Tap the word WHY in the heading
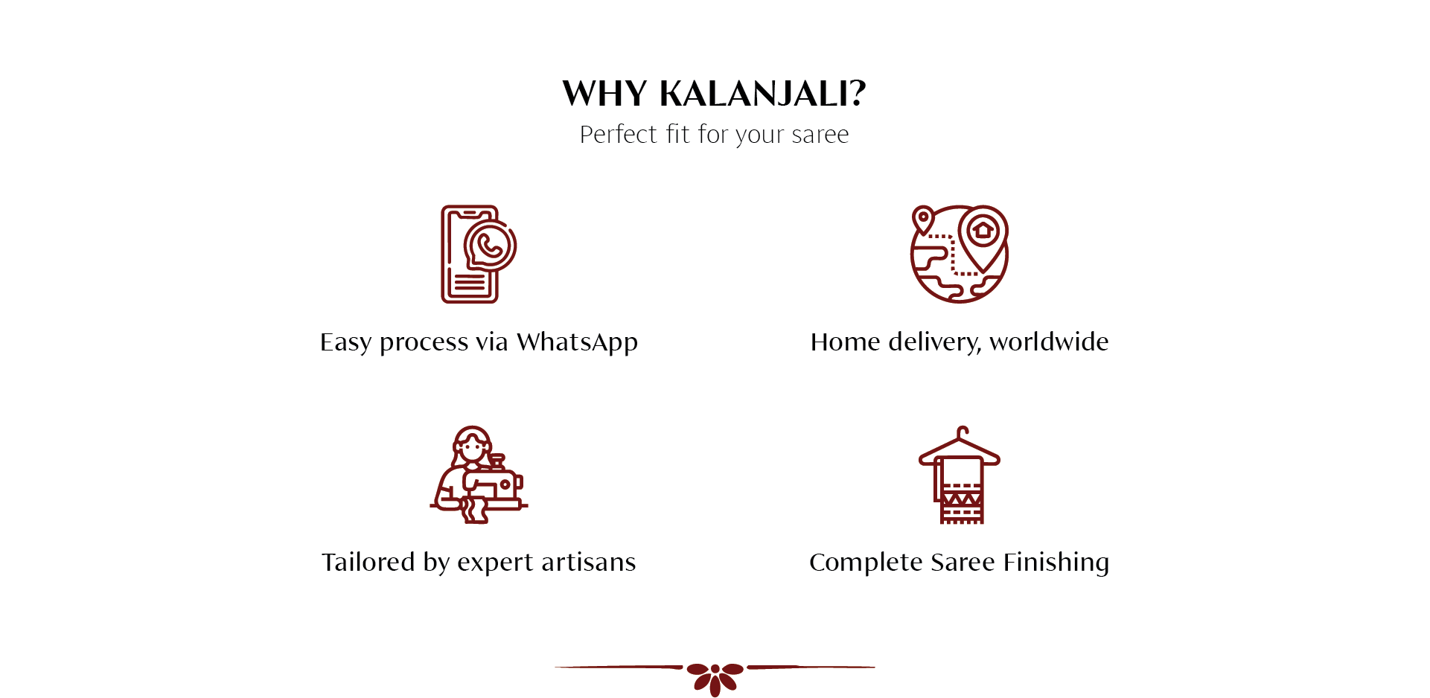[604, 94]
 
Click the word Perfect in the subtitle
[619, 134]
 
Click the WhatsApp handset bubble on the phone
[490, 246]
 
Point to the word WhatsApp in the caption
[577, 342]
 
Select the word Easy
[345, 342]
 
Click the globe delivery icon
[960, 254]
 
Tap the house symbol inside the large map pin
[983, 229]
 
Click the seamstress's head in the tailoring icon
[471, 445]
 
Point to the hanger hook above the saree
[962, 432]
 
